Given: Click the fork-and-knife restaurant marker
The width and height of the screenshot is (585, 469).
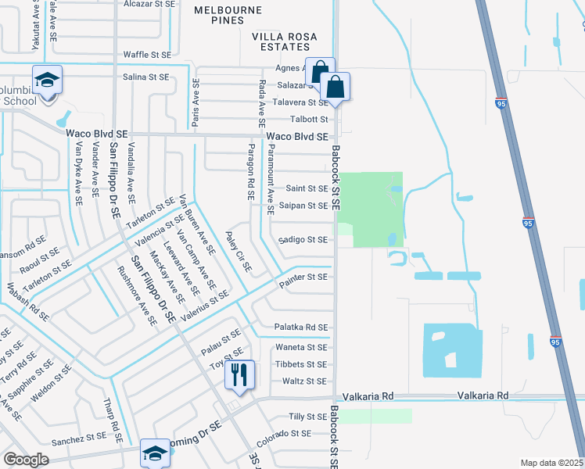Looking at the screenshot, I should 239,375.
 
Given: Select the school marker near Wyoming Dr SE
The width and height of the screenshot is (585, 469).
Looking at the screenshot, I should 155,453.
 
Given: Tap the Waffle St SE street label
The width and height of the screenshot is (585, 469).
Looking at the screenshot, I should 147,55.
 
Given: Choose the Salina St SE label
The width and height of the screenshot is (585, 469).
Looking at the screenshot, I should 146,77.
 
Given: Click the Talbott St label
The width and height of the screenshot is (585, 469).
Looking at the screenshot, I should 309,120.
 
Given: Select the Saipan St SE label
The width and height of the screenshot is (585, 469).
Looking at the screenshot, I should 303,206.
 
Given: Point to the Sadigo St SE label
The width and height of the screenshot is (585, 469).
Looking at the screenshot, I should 303,240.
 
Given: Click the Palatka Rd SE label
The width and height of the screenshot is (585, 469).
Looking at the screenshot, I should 301,327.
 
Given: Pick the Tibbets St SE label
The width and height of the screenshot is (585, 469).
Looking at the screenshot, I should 301,364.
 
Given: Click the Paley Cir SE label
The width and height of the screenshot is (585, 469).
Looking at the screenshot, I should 239,251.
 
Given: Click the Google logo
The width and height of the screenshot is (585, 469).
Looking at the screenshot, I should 26,459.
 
